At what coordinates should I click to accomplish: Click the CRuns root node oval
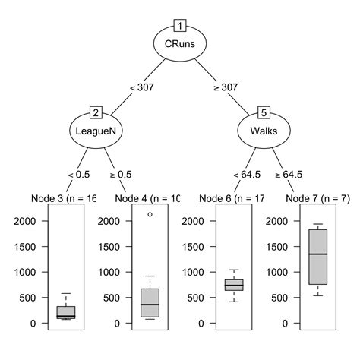180,43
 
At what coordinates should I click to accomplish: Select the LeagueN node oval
96,130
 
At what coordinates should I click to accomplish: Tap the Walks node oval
264,130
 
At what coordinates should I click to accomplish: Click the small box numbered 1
180,24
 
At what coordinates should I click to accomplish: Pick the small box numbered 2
96,112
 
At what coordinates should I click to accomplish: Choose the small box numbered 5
264,112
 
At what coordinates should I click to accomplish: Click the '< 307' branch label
142,87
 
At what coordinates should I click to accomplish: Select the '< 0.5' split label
80,174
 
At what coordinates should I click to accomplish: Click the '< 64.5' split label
247,174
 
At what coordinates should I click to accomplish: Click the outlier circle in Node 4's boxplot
150,214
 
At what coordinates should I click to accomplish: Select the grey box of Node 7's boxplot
318,257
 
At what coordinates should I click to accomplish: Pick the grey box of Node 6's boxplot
234,285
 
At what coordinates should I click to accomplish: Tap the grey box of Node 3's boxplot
66,312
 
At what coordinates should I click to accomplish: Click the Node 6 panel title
232,198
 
